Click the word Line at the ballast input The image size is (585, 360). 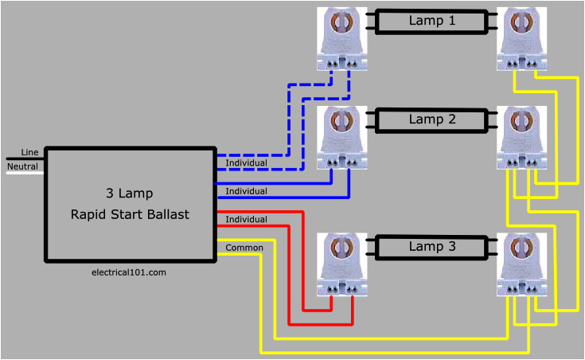tap(29, 152)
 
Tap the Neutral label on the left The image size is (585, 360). tap(22, 166)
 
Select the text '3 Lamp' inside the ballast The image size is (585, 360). tap(130, 194)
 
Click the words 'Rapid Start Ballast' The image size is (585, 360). tap(130, 215)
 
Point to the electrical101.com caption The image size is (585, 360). tap(130, 272)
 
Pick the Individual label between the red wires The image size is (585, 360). tap(246, 219)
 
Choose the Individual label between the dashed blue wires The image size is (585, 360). tap(246, 163)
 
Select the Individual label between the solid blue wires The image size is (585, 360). tap(246, 191)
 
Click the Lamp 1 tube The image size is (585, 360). tap(432, 22)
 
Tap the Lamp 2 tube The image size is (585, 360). tap(432, 120)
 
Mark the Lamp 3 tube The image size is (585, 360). tap(432, 247)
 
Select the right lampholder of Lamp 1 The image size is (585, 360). tap(522, 40)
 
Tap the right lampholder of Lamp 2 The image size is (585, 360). tap(522, 138)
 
